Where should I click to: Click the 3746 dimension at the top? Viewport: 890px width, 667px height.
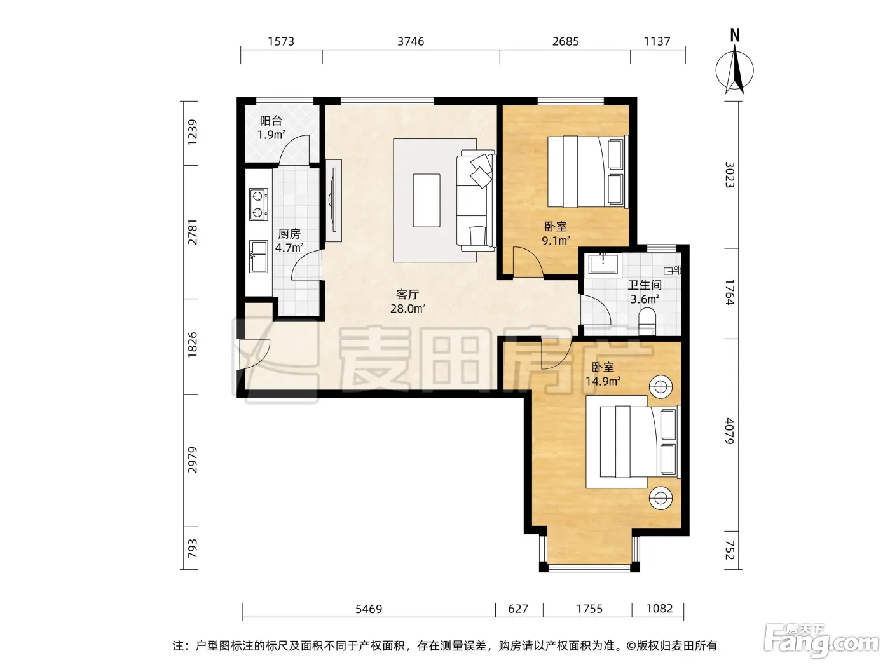[x=410, y=42]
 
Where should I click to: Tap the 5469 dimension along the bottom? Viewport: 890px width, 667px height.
[x=369, y=609]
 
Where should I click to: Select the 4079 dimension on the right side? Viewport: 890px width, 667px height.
[x=729, y=431]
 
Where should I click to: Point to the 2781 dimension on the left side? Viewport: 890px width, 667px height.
[x=192, y=232]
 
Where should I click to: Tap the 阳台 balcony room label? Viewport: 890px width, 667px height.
[x=271, y=121]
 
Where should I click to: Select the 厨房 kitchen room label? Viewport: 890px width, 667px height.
[x=289, y=234]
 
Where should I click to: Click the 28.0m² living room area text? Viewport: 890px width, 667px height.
[x=407, y=309]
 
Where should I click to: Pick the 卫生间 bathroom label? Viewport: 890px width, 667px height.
[x=644, y=285]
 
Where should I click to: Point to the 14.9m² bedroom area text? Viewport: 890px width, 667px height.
[x=603, y=382]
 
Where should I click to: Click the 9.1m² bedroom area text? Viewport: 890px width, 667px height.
[x=556, y=241]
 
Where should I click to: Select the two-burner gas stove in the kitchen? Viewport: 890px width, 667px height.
[x=258, y=205]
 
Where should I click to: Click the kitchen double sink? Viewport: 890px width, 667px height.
[x=258, y=257]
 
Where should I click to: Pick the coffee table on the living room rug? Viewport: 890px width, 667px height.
[x=427, y=201]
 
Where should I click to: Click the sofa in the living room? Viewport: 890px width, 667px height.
[x=476, y=200]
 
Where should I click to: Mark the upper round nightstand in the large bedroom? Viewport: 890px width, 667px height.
[x=661, y=387]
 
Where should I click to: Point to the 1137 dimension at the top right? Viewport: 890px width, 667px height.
[x=657, y=42]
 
